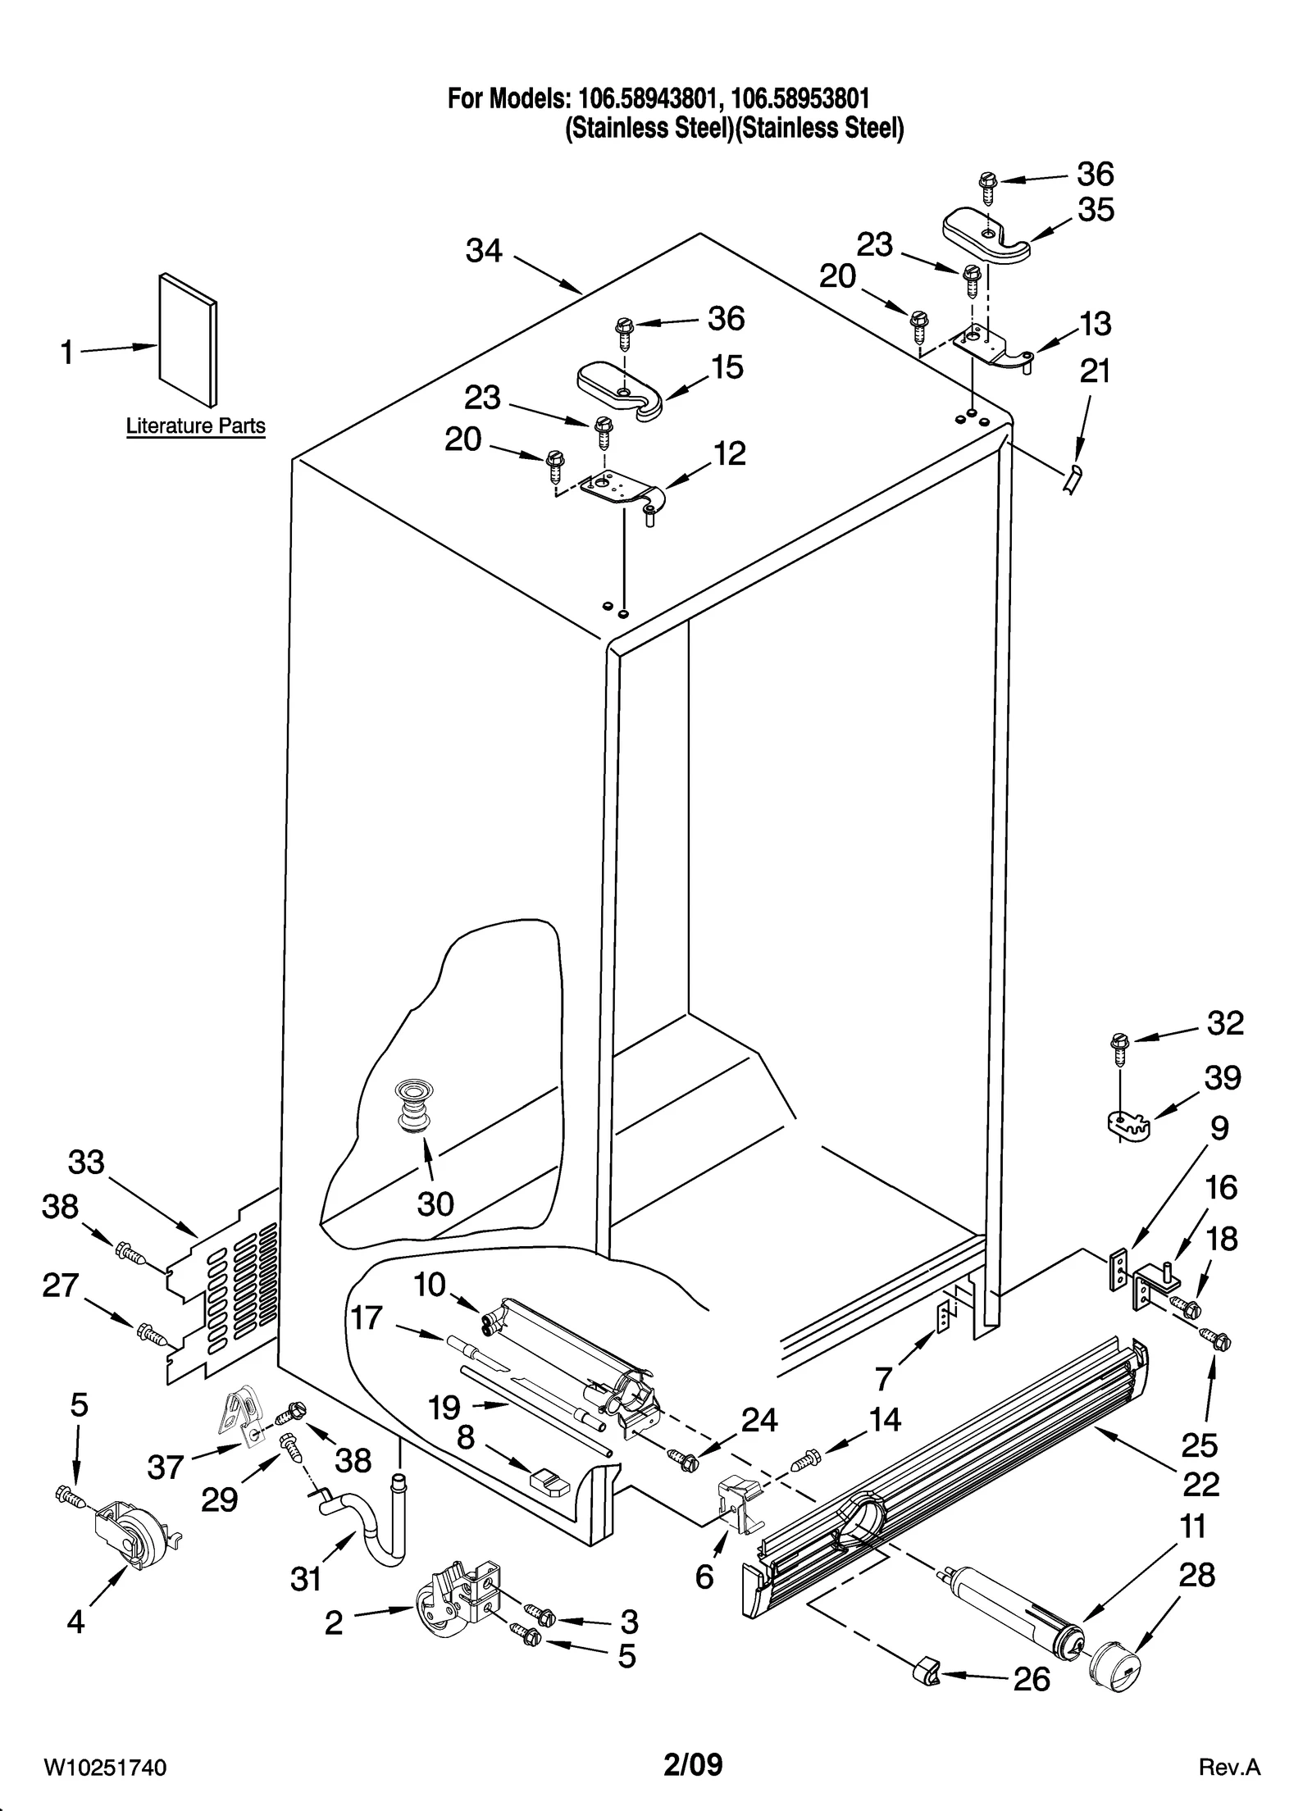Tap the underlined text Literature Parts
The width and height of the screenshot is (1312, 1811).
click(x=195, y=426)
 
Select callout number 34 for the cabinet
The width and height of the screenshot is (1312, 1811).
click(x=484, y=250)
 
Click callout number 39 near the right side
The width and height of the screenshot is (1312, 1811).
click(x=1222, y=1078)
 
